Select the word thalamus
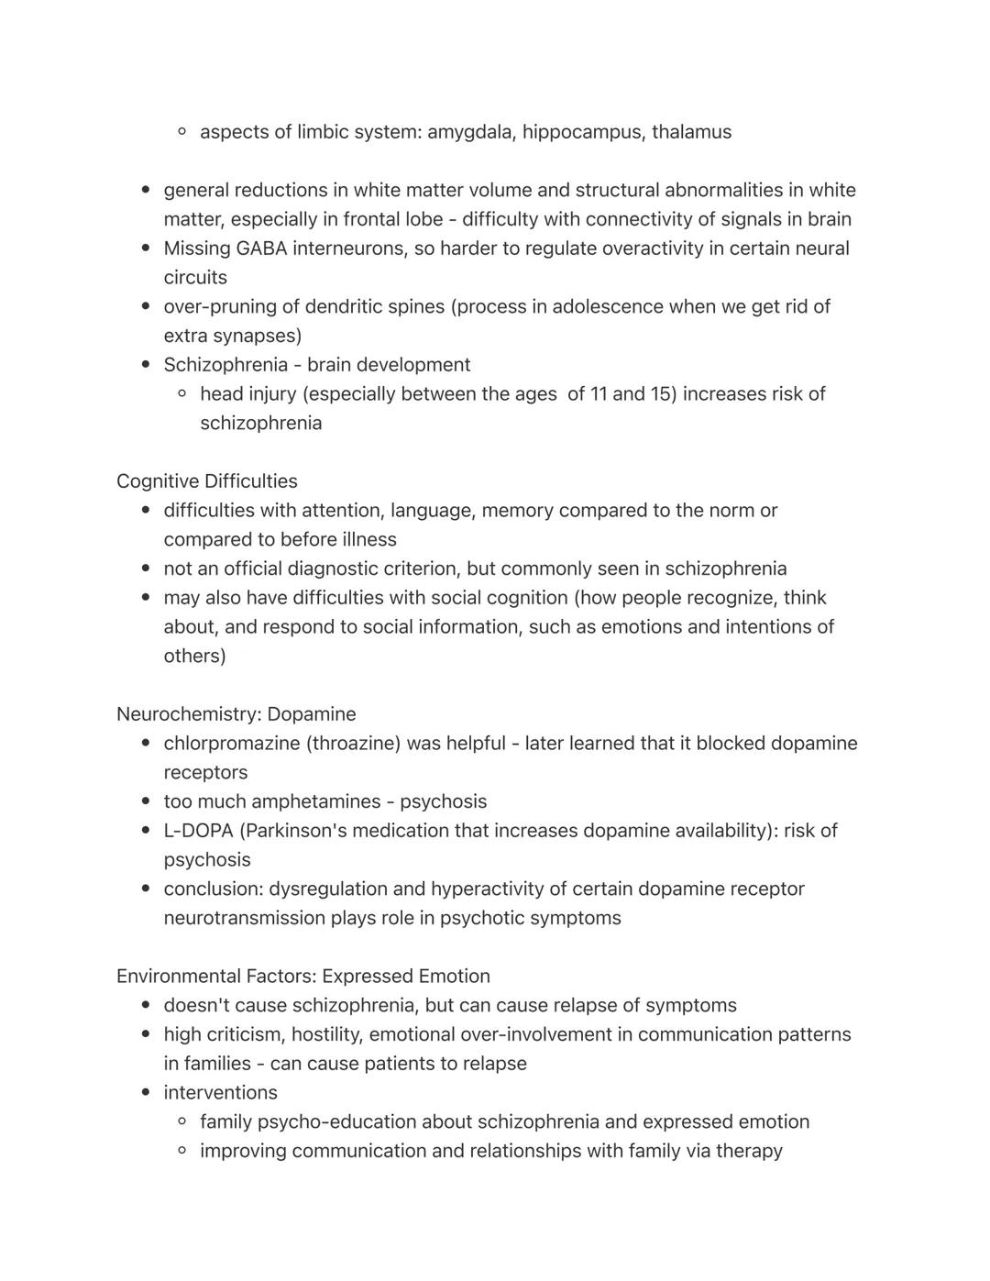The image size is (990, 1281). [691, 132]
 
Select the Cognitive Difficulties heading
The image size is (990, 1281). [207, 481]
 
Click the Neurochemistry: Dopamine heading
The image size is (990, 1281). [236, 714]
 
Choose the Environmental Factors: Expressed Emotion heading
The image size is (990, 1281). [303, 977]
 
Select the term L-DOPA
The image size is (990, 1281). [198, 831]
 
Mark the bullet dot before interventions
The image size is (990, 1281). [146, 1093]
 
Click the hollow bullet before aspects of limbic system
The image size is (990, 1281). [182, 132]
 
